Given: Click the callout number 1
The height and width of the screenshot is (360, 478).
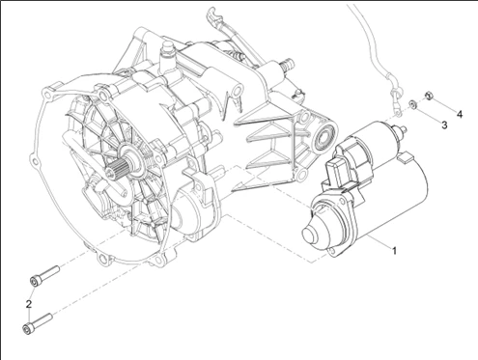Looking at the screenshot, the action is [394, 250].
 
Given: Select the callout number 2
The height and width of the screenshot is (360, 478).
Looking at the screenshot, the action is [29, 304].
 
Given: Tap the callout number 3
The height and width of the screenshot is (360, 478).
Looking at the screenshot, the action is [444, 125].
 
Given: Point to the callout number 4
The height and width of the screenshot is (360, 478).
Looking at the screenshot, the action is [460, 114].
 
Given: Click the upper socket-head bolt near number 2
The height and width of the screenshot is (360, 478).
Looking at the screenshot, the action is [44, 276].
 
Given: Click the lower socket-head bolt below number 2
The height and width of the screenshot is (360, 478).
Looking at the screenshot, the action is [38, 323].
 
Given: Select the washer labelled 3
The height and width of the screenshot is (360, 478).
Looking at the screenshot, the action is [412, 104].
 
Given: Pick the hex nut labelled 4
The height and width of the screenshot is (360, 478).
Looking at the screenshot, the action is [429, 96].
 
